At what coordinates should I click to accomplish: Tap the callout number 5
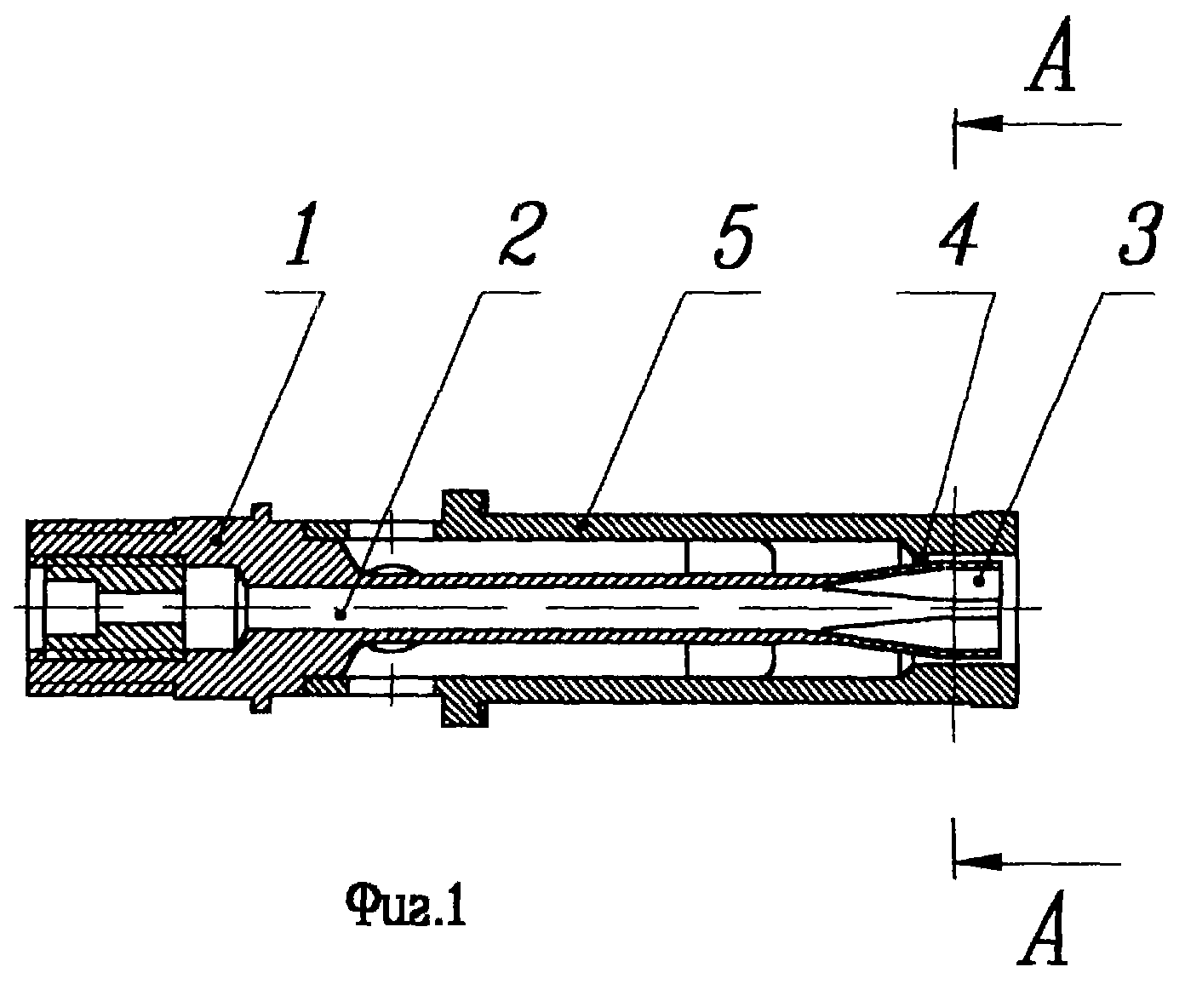735,234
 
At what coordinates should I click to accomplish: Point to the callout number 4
959,234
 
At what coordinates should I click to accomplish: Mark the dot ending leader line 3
978,580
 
